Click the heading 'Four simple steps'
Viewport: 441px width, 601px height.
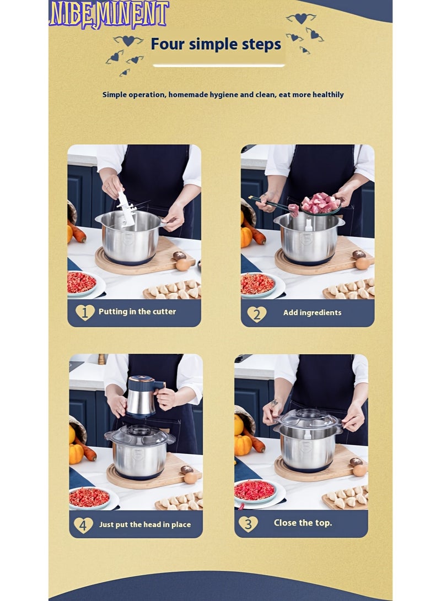[216, 44]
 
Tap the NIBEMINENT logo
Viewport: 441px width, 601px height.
[109, 14]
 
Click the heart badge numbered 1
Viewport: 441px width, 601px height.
[85, 312]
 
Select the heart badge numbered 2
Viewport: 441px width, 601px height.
[256, 314]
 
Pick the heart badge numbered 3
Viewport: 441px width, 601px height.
[248, 523]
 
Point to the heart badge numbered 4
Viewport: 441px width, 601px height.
[83, 525]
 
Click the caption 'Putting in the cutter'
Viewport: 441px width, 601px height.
[137, 312]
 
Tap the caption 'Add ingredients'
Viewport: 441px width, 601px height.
[312, 313]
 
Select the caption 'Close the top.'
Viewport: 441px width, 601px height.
[303, 523]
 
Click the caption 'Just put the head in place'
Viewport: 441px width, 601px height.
[145, 524]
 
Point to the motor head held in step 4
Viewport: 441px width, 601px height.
[144, 397]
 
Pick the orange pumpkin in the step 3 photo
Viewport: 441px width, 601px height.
[243, 445]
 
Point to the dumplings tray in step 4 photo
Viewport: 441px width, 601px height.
[180, 501]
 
